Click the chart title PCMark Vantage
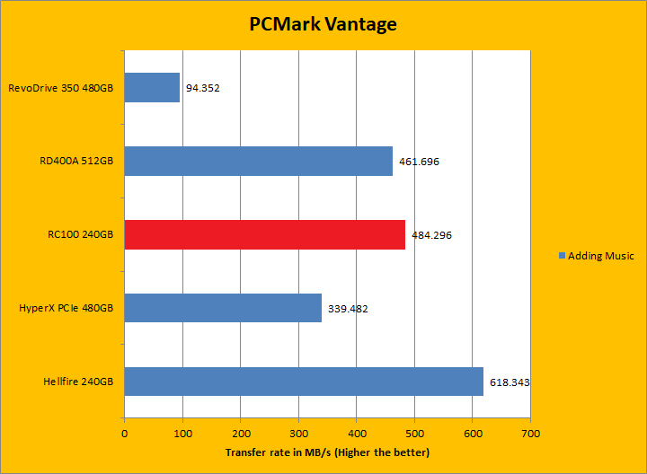click(323, 24)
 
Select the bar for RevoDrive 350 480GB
click(152, 88)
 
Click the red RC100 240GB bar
click(264, 234)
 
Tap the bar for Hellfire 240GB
click(304, 382)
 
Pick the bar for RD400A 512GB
click(258, 161)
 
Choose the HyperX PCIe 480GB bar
click(223, 308)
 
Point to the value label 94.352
click(203, 89)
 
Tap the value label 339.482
click(348, 309)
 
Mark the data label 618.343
click(510, 382)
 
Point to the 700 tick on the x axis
click(530, 433)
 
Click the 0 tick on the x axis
click(124, 433)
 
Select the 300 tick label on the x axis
click(298, 433)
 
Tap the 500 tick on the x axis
click(414, 433)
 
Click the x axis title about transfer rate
click(327, 452)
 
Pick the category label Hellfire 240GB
click(78, 382)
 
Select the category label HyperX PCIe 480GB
click(66, 308)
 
